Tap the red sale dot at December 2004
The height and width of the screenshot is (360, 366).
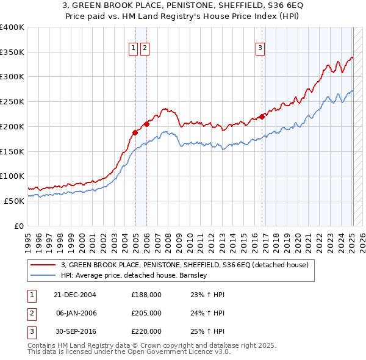[x=135, y=132]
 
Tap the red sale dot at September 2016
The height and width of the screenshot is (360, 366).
[x=262, y=116]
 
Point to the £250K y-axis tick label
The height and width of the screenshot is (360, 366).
[x=12, y=101]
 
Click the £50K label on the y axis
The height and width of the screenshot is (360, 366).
[x=15, y=201]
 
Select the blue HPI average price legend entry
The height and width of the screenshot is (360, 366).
[x=134, y=275]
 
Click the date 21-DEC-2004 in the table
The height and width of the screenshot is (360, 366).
[x=74, y=295]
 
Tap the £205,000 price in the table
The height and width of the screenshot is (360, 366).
[x=146, y=313]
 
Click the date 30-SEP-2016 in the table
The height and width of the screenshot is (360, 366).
[x=74, y=331]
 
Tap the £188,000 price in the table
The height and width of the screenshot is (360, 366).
[x=146, y=295]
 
